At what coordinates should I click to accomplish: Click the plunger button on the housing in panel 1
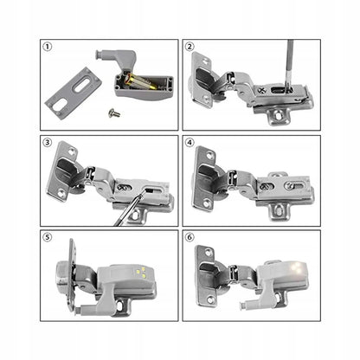(100, 55)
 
